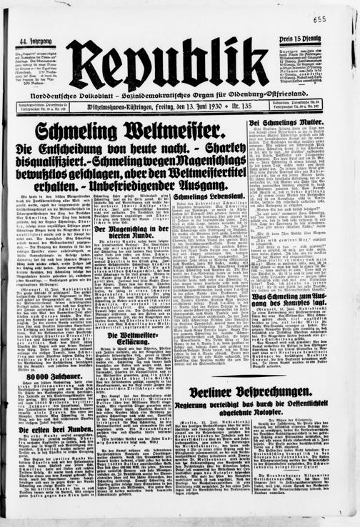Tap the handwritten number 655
(x=339, y=20)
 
